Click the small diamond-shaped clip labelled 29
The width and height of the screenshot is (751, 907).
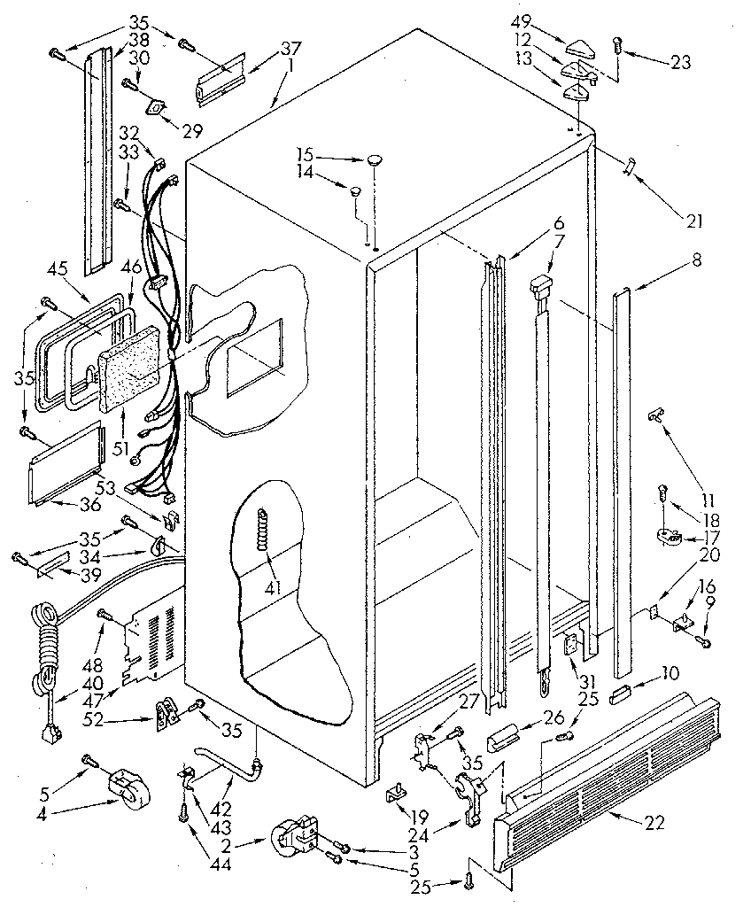(158, 107)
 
